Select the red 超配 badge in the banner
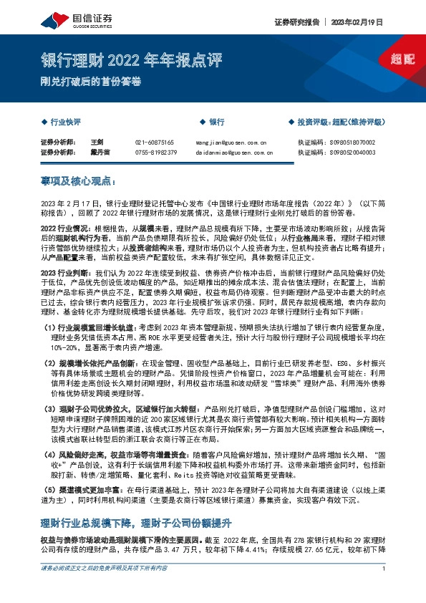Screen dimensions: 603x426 [404, 59]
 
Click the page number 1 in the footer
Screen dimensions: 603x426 [384, 589]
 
